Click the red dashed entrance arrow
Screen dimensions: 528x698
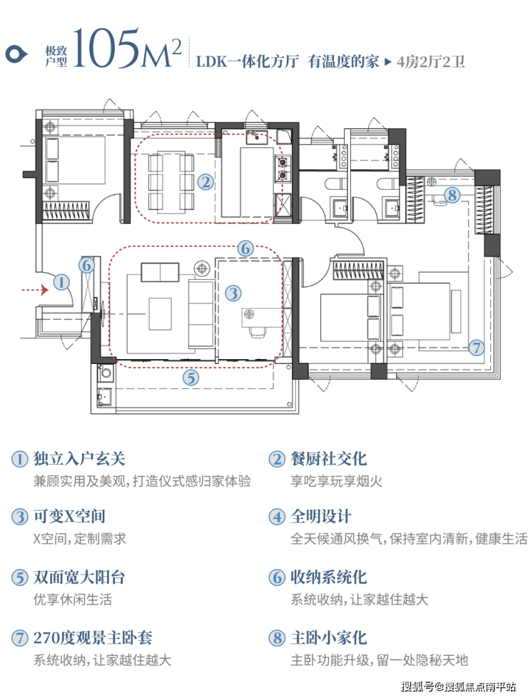point(35,290)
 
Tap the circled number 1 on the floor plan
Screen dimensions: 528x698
point(61,282)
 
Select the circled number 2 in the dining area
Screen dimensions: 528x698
point(205,181)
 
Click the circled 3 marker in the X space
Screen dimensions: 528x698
point(233,293)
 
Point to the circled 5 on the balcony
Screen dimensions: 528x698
point(191,378)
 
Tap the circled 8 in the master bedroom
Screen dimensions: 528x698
point(452,195)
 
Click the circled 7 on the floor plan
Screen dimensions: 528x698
point(477,347)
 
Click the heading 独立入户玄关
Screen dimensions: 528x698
point(79,459)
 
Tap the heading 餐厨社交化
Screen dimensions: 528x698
point(328,459)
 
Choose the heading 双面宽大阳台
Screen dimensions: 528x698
point(79,577)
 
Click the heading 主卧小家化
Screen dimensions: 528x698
point(328,637)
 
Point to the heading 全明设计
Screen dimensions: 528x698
point(321,517)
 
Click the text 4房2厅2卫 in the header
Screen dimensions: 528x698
point(430,61)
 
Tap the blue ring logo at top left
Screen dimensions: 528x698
point(16,54)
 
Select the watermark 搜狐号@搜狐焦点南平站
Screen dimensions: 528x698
point(459,687)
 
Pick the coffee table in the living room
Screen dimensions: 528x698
point(160,314)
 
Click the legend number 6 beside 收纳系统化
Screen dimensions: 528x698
point(276,577)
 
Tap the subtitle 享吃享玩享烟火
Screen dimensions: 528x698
point(337,481)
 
